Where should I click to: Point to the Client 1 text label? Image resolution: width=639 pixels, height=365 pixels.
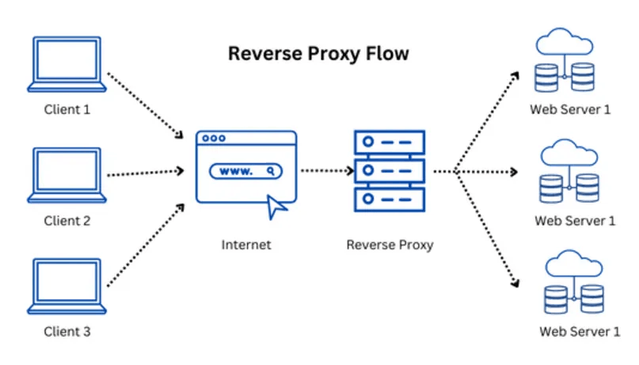(x=67, y=110)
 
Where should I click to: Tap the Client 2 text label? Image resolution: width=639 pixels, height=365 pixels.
(x=67, y=221)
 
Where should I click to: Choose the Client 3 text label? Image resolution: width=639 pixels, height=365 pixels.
(x=67, y=331)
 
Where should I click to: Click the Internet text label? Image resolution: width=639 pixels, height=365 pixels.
(x=245, y=245)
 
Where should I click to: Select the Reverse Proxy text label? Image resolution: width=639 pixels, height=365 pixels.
(x=390, y=245)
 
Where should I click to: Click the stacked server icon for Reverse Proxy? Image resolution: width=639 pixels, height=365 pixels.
(x=389, y=170)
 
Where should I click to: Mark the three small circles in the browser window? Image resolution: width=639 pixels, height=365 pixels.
(x=214, y=138)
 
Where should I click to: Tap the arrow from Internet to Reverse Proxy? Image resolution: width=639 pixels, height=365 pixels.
(x=325, y=170)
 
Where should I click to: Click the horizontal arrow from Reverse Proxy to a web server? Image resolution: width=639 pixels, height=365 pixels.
(x=483, y=170)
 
